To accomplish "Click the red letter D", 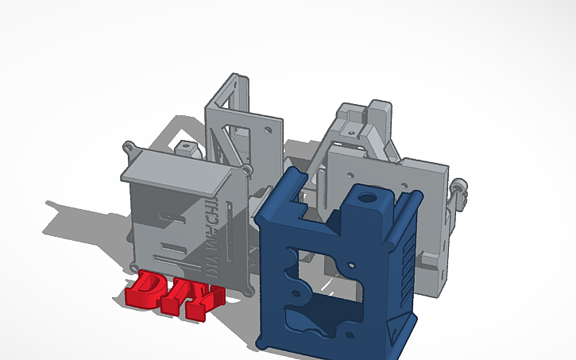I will (147, 291).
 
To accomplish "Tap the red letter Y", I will (207, 300).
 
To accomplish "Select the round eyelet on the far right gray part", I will (457, 187).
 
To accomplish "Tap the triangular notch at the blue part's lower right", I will (394, 327).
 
